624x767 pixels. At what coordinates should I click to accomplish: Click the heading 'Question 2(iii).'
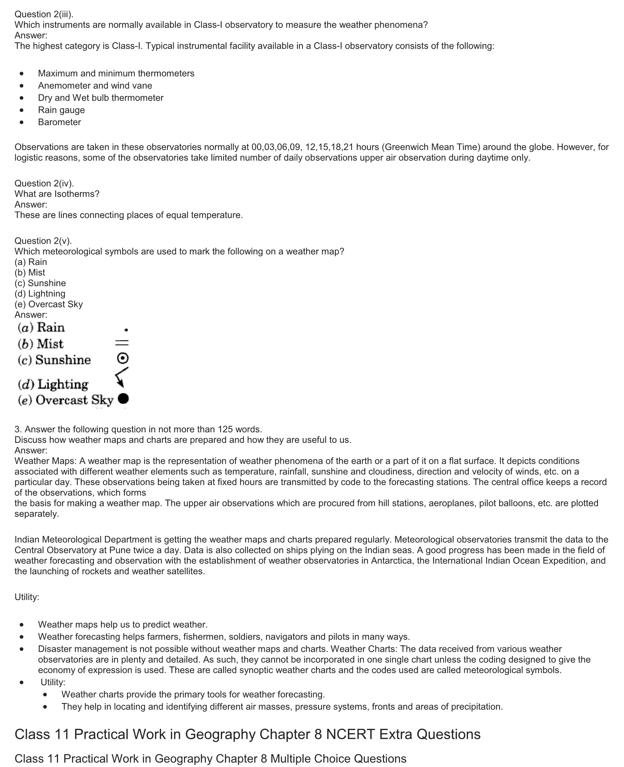tap(44, 14)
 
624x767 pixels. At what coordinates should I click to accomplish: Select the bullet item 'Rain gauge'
tap(61, 110)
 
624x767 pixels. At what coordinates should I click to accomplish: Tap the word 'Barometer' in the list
tap(59, 122)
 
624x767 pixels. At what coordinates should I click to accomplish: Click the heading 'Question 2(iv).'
tap(44, 183)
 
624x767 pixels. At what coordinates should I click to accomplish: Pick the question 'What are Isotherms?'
tap(57, 194)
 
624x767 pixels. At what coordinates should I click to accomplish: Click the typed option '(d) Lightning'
tap(40, 294)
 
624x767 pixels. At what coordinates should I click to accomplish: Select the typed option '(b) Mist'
tap(30, 273)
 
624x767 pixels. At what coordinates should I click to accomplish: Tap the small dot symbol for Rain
tap(126, 330)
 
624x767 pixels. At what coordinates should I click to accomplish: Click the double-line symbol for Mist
tap(122, 343)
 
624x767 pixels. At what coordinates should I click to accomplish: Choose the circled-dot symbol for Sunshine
tap(123, 358)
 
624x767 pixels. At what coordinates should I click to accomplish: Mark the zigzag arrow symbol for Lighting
tap(121, 377)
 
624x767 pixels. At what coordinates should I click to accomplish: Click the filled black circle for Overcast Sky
tap(123, 399)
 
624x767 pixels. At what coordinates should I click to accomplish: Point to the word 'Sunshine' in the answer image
tap(63, 360)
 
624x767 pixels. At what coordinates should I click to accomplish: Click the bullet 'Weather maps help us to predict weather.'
tap(123, 625)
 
